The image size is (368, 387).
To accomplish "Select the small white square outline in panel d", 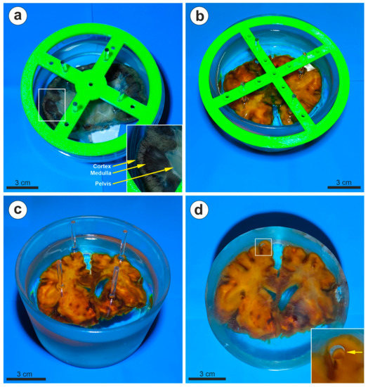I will click(263, 247).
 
